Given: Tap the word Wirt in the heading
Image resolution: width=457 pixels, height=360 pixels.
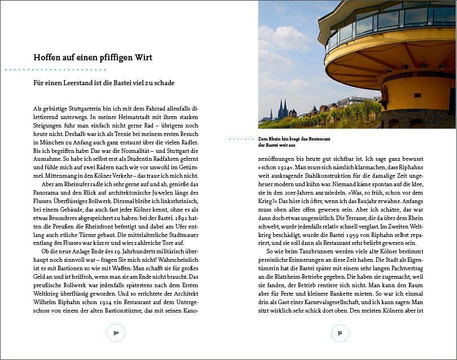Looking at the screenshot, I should [x=142, y=58].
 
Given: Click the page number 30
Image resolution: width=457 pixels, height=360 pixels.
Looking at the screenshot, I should [x=116, y=333].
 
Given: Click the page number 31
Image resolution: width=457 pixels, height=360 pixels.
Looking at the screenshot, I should [x=340, y=333].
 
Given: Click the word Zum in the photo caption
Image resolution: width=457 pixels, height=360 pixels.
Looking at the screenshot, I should [x=262, y=138].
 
